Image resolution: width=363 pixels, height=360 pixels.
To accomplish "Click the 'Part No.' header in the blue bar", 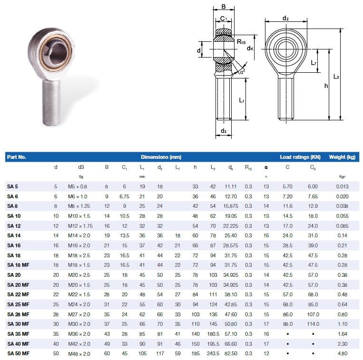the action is (x=17, y=157).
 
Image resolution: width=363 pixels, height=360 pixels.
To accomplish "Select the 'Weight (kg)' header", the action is (x=342, y=157).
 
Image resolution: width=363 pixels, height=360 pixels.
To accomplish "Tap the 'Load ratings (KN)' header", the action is (x=300, y=157).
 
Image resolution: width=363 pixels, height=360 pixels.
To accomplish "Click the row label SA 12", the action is (x=14, y=226).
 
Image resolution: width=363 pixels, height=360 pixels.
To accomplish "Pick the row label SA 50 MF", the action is (x=18, y=353).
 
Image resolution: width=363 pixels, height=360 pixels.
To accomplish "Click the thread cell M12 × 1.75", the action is (x=80, y=226).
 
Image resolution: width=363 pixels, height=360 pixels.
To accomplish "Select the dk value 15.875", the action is (x=231, y=206).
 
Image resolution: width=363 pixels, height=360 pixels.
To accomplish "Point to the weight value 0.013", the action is (x=342, y=186).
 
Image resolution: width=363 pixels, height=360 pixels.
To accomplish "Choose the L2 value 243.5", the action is (x=213, y=353).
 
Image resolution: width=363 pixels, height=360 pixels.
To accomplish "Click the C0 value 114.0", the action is (x=313, y=324).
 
